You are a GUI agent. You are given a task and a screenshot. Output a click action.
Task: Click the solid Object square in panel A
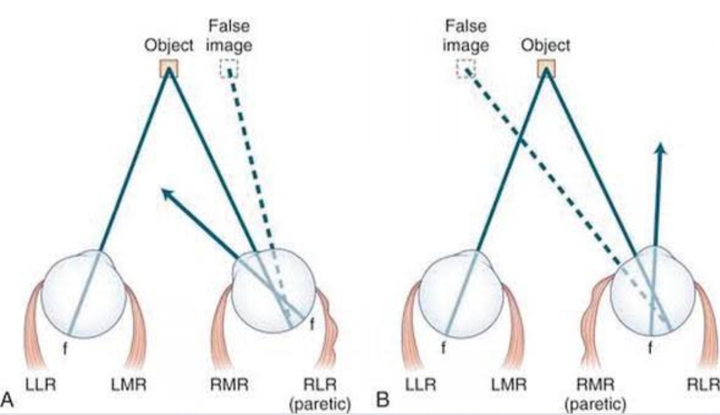(169, 67)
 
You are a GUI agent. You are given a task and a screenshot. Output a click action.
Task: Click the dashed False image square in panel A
(228, 67)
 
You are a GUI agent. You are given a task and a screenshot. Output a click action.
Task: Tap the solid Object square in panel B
(546, 67)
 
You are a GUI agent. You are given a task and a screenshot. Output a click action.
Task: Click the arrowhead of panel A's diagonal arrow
(166, 193)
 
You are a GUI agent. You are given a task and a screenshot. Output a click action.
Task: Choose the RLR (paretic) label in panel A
(318, 393)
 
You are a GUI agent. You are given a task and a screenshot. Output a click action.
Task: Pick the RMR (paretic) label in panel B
(595, 393)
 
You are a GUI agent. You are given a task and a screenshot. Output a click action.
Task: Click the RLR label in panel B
(704, 384)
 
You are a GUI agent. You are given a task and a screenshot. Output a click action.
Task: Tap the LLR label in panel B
(421, 384)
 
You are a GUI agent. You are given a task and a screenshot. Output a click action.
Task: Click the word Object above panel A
(169, 45)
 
